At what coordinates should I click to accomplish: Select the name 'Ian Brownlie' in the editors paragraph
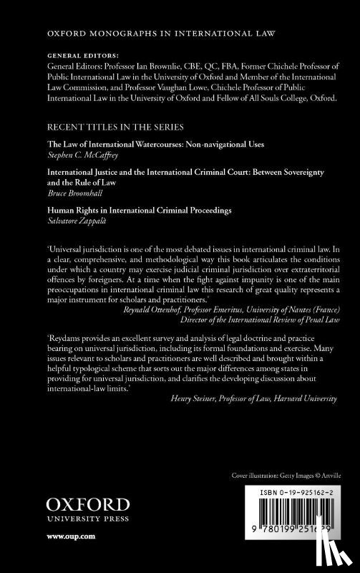pyautogui.click(x=150, y=63)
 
